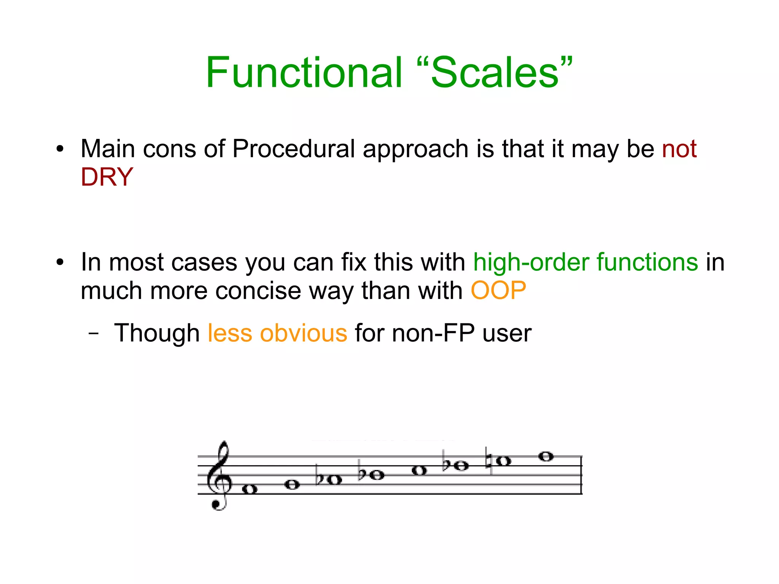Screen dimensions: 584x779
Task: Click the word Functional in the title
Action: coord(304,72)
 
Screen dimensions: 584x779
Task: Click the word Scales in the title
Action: coord(494,72)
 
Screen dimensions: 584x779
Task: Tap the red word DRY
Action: coord(107,177)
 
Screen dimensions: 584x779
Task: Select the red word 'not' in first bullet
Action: coord(679,149)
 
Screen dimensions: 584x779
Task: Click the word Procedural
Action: coord(293,149)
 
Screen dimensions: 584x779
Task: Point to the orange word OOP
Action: coord(498,291)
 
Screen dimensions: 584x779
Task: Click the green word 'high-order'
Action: coord(531,263)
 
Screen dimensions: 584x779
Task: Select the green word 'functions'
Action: coord(647,263)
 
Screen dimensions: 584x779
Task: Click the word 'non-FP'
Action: coord(433,333)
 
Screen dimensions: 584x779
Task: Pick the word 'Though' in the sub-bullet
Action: coord(157,333)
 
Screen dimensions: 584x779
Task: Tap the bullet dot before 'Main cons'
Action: coord(60,149)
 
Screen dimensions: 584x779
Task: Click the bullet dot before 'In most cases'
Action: coord(60,263)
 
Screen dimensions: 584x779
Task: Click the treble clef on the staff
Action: coord(219,476)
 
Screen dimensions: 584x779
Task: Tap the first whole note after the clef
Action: coord(250,489)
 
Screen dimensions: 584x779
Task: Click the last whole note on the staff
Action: coord(546,456)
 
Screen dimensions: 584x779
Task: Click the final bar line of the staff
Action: coord(582,475)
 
